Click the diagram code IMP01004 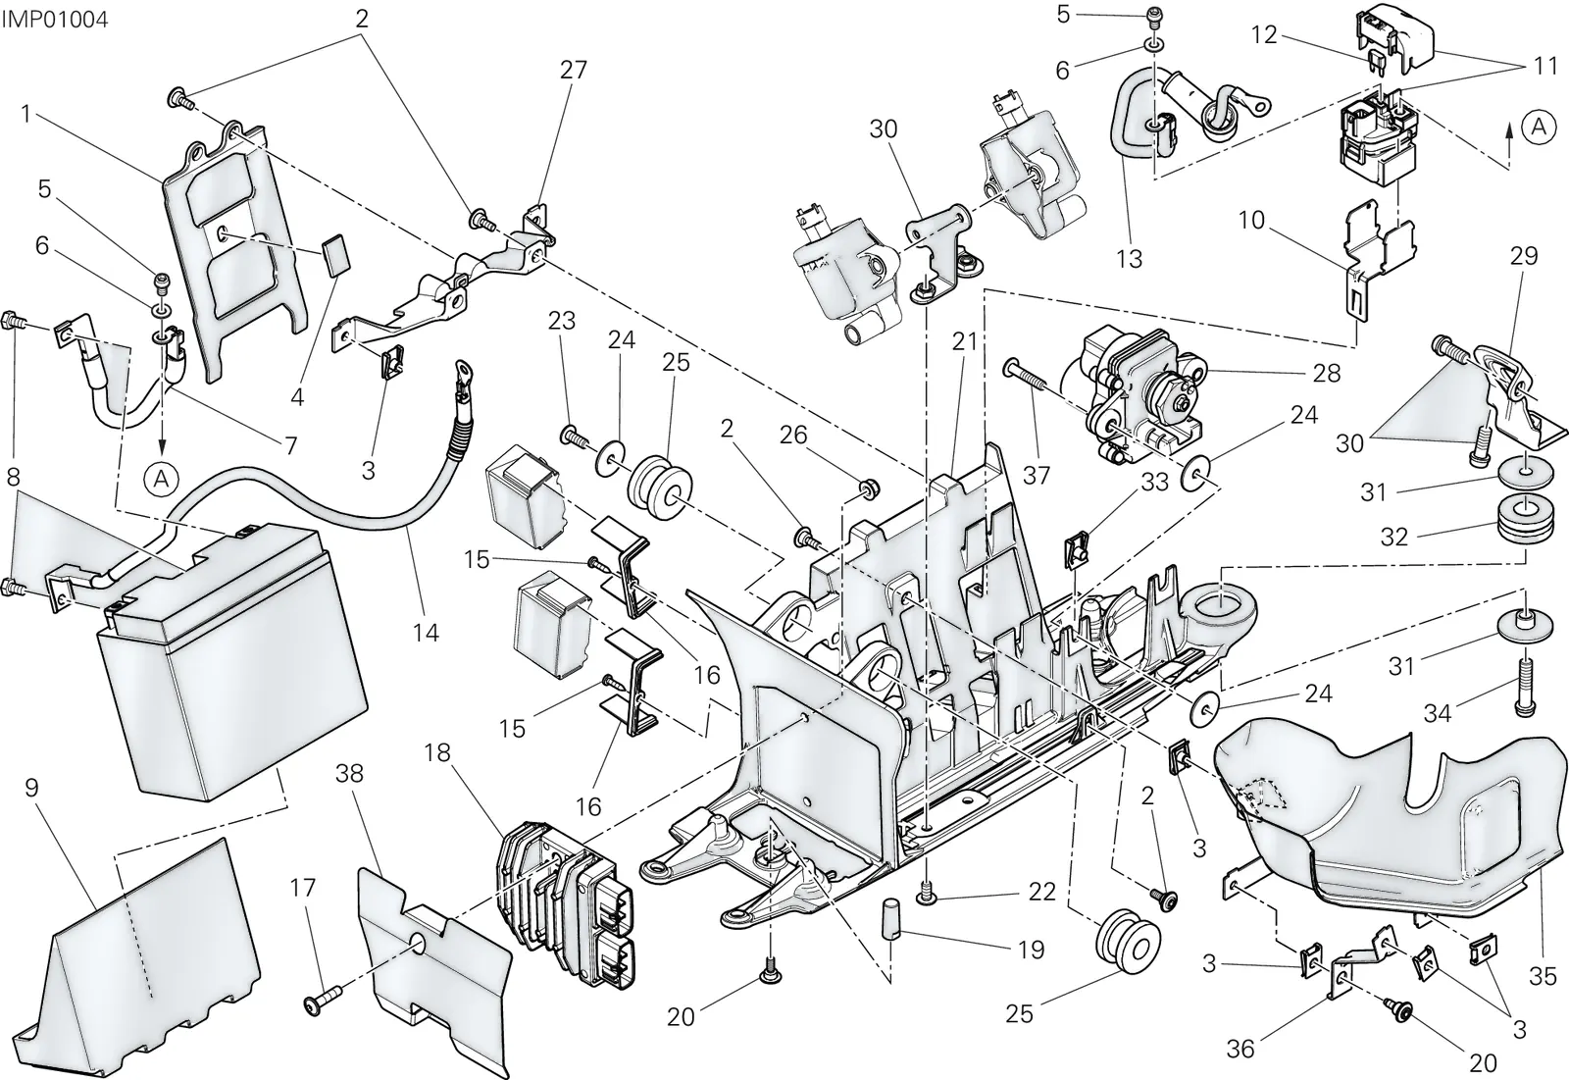click(55, 19)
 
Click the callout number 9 click(31, 788)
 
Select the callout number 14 click(426, 632)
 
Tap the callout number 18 click(436, 752)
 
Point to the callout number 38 click(349, 774)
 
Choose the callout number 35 click(1544, 976)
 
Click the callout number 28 click(1327, 373)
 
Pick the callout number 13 click(1129, 259)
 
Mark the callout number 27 click(573, 70)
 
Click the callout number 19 click(1031, 950)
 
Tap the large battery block click(234, 666)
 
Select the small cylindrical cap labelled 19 click(890, 917)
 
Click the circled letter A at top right click(1539, 127)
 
